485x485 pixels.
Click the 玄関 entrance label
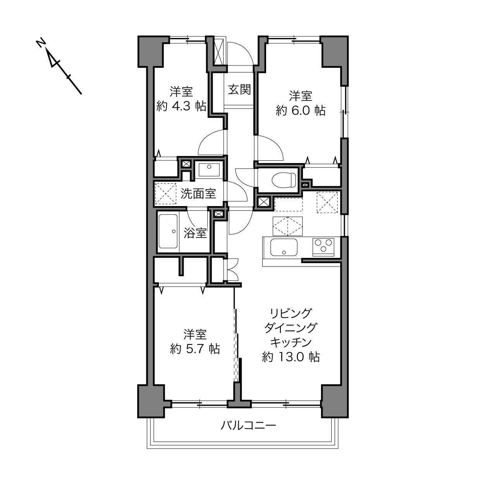(239, 89)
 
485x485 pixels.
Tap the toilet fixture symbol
(284, 180)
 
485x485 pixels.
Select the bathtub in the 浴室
(169, 231)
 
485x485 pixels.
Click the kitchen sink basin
(284, 247)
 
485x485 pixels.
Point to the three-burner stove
(323, 247)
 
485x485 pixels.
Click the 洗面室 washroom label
(198, 194)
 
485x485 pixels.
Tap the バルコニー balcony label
(248, 426)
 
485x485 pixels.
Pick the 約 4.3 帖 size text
(181, 106)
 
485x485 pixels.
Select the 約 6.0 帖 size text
(301, 110)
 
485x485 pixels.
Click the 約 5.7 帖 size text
(195, 349)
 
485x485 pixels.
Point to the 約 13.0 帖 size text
(291, 357)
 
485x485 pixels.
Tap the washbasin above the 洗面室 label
(209, 170)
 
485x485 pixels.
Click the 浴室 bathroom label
(195, 233)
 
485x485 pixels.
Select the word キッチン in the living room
(291, 342)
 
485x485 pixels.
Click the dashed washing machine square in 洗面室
(166, 194)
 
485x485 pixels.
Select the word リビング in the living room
(291, 313)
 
